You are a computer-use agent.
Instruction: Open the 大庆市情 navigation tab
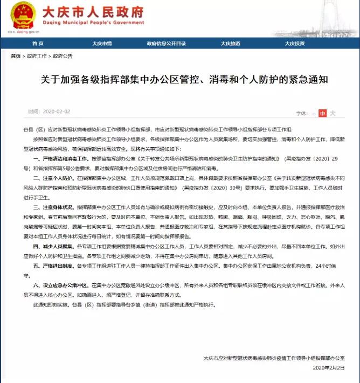(x=101, y=44)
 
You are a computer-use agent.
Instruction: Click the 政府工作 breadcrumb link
(x=37, y=56)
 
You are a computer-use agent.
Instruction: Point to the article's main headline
(x=180, y=79)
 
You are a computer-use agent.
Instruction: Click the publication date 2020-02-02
(x=57, y=112)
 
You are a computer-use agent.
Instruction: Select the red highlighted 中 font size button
(x=322, y=114)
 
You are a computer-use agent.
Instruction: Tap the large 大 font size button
(x=333, y=114)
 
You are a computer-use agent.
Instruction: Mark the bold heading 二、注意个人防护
(x=53, y=177)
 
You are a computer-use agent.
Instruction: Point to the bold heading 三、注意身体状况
(x=53, y=207)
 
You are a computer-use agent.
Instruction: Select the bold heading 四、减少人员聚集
(x=53, y=246)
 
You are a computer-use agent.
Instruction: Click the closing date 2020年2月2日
(x=328, y=367)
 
